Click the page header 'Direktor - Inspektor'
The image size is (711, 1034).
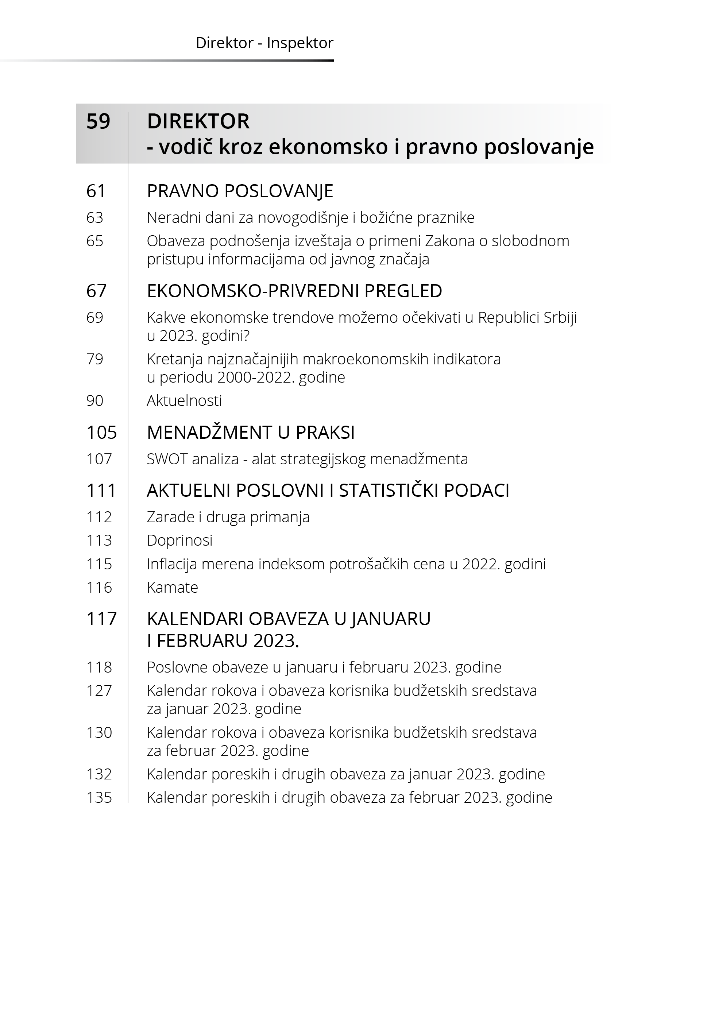tap(264, 43)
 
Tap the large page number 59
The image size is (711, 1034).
tap(98, 121)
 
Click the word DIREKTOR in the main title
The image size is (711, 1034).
tap(198, 121)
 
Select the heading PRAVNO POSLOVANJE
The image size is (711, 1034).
tap(240, 191)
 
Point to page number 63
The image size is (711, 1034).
tap(94, 218)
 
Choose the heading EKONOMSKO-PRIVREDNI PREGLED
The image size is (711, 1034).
tap(294, 291)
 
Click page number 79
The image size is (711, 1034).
tap(94, 359)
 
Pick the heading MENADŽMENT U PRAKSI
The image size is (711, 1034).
tap(251, 433)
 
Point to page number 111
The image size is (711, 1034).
tap(101, 491)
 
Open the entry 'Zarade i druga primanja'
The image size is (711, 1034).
tap(228, 517)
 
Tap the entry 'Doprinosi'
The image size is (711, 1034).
tap(179, 541)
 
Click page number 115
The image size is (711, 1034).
tap(99, 564)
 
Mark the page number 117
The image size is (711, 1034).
tap(101, 619)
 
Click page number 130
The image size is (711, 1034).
tap(99, 732)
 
